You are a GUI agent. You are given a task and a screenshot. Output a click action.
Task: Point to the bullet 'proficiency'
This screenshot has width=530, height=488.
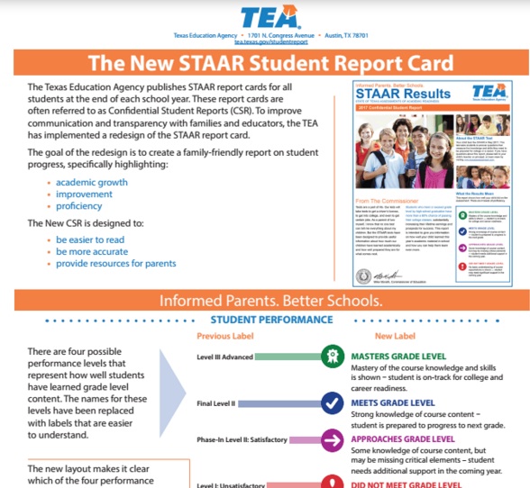coord(79,206)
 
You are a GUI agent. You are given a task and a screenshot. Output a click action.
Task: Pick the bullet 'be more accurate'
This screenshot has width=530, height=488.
coord(92,252)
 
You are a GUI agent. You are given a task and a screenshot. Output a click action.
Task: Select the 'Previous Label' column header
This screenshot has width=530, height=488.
coord(225,336)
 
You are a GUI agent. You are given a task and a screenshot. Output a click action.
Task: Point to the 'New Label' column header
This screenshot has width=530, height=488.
coord(396,336)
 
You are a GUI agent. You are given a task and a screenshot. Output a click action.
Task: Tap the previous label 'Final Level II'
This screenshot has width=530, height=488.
coord(215,403)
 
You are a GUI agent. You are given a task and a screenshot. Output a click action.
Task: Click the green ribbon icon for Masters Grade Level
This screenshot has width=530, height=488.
coord(333,357)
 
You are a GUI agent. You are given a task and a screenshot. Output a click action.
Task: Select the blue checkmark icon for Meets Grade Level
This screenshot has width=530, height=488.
coord(333,403)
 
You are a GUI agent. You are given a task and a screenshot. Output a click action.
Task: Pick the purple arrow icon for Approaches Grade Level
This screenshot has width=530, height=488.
coord(333,439)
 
